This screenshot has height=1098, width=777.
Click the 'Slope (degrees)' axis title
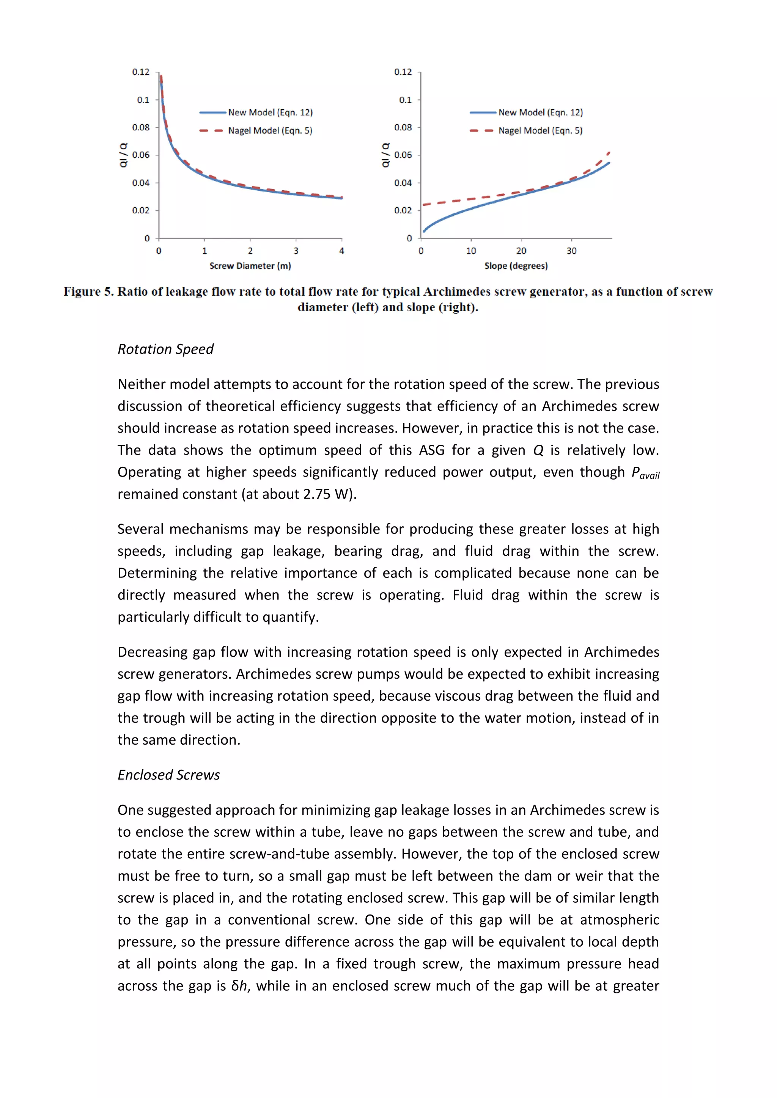516,266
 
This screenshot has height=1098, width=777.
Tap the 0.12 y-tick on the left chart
141,72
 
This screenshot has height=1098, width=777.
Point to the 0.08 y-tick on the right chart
403,128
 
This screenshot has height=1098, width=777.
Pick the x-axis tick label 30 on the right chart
571,251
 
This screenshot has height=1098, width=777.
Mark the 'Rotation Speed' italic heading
165,349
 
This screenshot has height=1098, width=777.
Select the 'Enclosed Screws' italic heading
168,775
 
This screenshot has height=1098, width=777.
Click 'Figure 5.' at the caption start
88,292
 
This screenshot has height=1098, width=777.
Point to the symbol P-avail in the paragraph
645,473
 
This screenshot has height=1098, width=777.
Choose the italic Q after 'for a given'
538,450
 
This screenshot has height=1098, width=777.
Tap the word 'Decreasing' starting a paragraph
153,652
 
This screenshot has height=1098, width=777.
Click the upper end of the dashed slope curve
609,152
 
